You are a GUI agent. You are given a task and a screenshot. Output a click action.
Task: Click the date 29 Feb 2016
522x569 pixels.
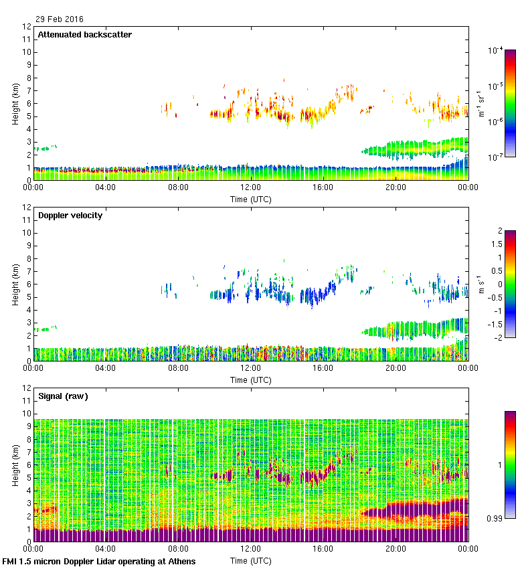(x=60, y=19)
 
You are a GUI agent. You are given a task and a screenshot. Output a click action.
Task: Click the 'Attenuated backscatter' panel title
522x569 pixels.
(x=85, y=35)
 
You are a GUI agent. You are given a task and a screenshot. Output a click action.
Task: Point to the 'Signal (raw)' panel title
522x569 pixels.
(x=63, y=396)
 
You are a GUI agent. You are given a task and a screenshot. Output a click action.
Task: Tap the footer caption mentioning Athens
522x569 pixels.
(x=99, y=562)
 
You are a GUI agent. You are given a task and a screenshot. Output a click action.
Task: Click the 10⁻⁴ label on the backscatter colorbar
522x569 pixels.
(x=496, y=50)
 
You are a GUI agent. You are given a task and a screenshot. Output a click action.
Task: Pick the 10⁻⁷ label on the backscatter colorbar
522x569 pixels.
(x=496, y=157)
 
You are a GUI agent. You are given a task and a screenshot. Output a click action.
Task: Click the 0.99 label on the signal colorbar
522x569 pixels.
(x=496, y=518)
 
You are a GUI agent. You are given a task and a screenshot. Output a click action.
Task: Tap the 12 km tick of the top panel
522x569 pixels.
(x=27, y=27)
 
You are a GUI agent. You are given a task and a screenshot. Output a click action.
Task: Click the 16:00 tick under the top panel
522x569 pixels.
(x=323, y=188)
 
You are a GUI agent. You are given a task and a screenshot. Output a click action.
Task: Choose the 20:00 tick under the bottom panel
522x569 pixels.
(x=396, y=550)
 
